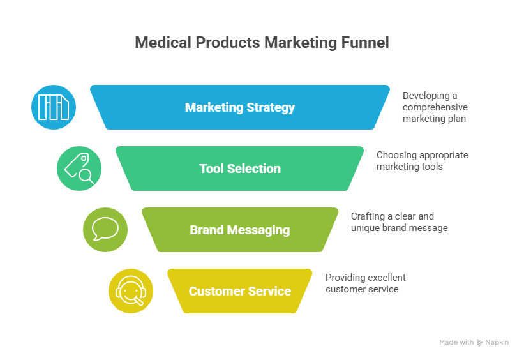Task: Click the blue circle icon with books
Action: (54, 107)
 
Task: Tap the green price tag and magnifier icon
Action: (79, 169)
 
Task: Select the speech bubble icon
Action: (105, 229)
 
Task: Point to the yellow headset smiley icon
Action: (131, 291)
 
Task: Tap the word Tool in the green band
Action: (212, 169)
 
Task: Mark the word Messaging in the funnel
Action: (260, 230)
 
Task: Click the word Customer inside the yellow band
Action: (214, 291)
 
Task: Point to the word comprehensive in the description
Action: (435, 107)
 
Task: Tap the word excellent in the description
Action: (385, 278)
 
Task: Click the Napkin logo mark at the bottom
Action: (480, 343)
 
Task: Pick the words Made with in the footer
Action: (456, 343)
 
